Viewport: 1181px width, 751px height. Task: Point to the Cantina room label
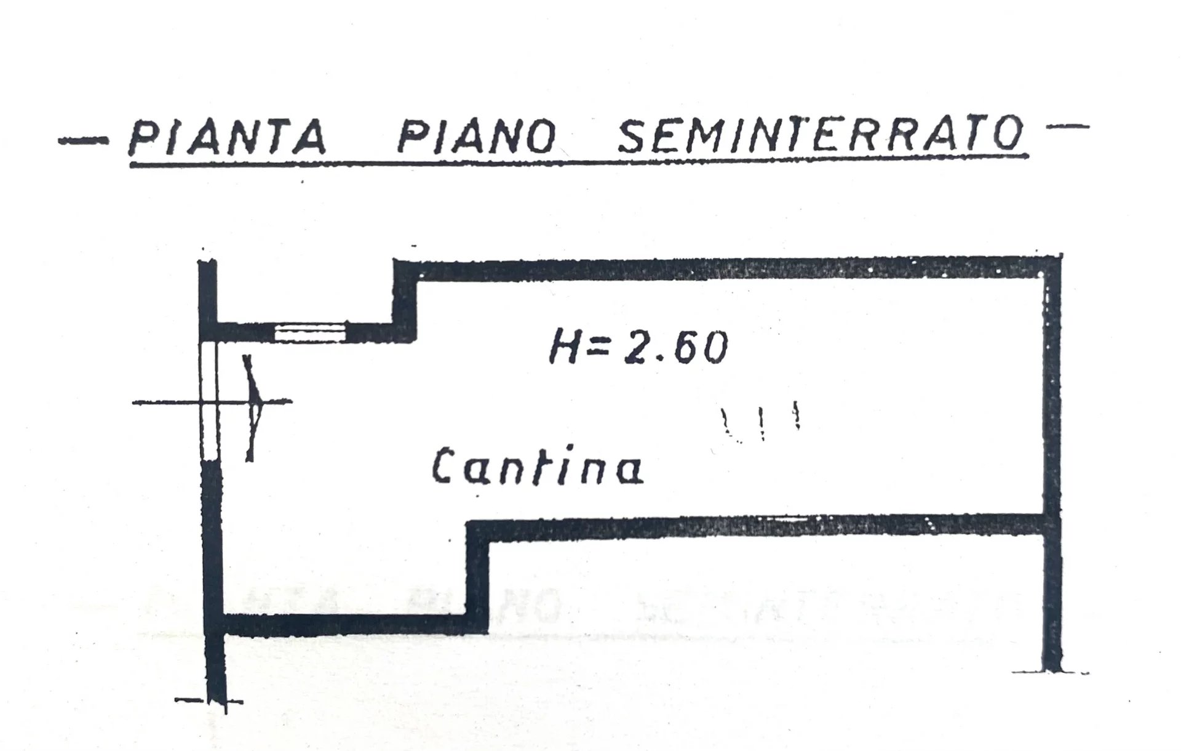tap(538, 466)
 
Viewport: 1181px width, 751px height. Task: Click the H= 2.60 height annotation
tap(638, 347)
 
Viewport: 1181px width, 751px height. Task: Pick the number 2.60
tap(676, 347)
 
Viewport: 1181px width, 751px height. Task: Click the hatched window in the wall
tap(309, 332)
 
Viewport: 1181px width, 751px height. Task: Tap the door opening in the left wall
tap(209, 401)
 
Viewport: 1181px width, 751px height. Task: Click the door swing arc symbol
tap(253, 407)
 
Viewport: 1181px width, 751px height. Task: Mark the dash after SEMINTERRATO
tap(1067, 128)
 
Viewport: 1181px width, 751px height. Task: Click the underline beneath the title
tap(578, 161)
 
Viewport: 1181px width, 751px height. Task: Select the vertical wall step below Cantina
tap(478, 577)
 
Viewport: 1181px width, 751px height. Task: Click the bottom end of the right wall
tap(1053, 670)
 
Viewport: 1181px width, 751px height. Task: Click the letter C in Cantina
tap(444, 467)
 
